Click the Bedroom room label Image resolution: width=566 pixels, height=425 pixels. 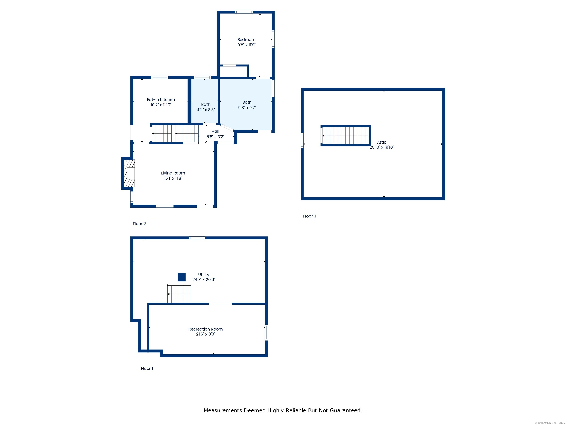246,39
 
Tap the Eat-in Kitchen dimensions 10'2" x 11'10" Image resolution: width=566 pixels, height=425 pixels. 161,105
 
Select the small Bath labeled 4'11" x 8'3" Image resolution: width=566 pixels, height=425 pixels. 205,107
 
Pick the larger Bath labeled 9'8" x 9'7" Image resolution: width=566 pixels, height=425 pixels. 247,105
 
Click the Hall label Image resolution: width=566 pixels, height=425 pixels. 215,131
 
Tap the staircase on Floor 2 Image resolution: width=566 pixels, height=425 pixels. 175,134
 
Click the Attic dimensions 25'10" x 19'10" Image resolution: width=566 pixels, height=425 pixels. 382,147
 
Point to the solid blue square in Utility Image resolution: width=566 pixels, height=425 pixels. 182,277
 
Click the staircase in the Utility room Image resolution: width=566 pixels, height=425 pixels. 179,294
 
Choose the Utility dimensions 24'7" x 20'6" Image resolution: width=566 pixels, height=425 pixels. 204,279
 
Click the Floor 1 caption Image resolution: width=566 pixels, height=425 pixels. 147,368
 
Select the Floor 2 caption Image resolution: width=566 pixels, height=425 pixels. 139,224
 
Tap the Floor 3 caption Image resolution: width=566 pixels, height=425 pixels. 310,216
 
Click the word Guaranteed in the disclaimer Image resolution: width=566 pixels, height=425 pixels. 346,410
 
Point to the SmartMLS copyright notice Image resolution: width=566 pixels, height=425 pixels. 550,423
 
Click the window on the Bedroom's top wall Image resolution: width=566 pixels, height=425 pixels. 244,12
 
